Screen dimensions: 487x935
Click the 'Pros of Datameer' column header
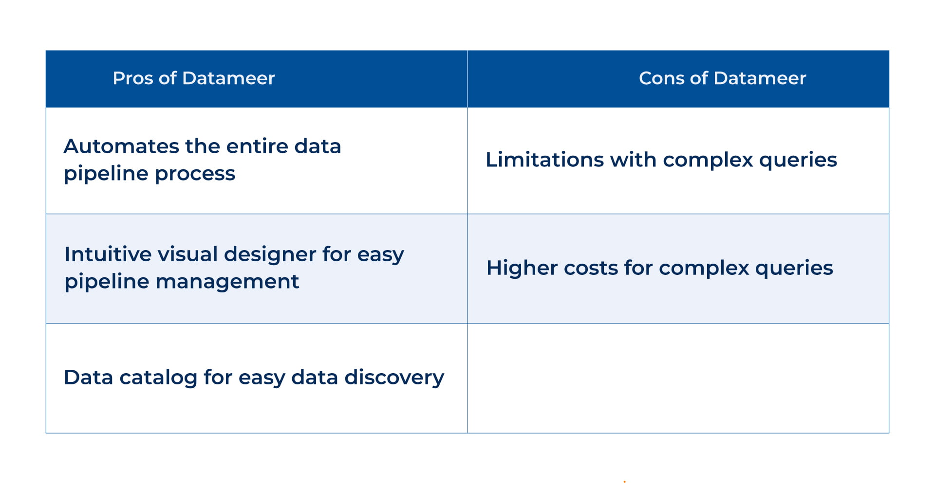click(194, 78)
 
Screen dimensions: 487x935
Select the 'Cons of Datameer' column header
click(722, 78)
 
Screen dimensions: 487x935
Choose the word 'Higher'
click(522, 268)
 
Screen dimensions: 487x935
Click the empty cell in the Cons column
click(678, 379)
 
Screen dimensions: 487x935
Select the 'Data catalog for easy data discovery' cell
click(257, 379)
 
